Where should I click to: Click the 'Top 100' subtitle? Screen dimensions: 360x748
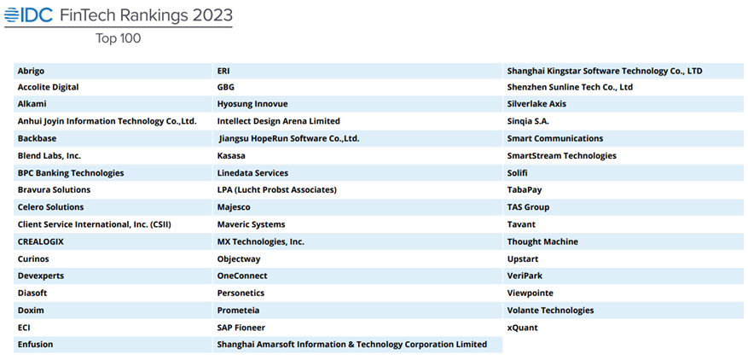(x=118, y=38)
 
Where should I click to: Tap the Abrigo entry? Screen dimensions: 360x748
(x=32, y=70)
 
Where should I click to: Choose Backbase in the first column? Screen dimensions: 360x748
(x=37, y=138)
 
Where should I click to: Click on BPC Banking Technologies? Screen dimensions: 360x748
(x=71, y=173)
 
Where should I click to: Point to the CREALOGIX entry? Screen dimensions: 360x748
(x=41, y=241)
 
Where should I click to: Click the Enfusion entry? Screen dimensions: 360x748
(x=35, y=345)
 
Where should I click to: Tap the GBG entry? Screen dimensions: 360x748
(x=226, y=87)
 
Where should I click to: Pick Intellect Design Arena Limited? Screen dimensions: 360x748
(x=279, y=121)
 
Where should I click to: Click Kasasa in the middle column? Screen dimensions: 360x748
(x=232, y=156)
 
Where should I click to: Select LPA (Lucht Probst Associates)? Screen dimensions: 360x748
(x=277, y=189)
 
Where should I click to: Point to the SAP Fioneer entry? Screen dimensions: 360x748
(x=241, y=328)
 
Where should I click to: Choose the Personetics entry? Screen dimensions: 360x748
(x=241, y=293)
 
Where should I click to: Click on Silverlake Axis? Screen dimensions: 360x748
(x=536, y=104)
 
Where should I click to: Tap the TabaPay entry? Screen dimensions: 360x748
(x=525, y=189)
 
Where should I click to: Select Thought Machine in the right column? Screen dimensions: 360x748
(x=542, y=241)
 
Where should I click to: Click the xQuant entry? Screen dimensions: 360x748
(x=523, y=328)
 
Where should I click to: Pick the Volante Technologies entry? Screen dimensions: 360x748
(x=551, y=311)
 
